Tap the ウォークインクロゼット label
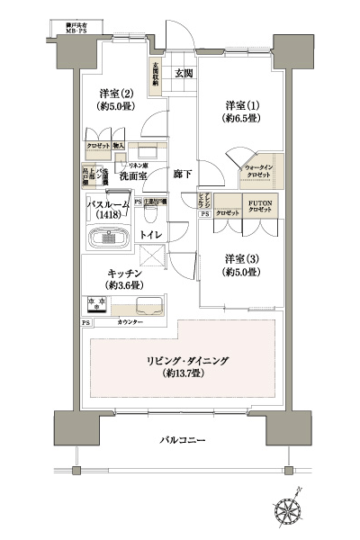click(261, 168)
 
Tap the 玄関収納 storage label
click(157, 73)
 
